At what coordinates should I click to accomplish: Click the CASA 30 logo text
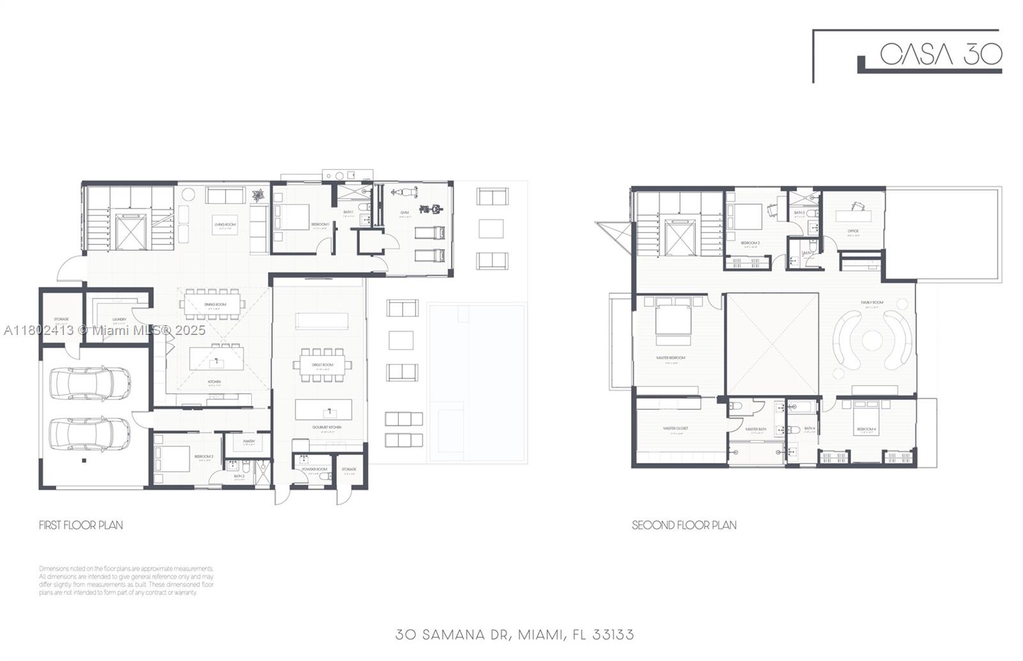click(x=941, y=54)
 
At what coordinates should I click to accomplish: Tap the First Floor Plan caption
click(x=81, y=525)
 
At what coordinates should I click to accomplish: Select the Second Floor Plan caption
click(x=683, y=525)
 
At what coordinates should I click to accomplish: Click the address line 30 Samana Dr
click(x=515, y=634)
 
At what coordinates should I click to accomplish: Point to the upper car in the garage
click(x=90, y=382)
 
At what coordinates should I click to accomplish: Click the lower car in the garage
click(x=90, y=434)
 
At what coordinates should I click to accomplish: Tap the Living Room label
click(x=225, y=224)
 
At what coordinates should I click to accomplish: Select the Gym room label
click(x=404, y=212)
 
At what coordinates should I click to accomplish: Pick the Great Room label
click(x=322, y=365)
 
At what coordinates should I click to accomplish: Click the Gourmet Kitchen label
click(x=327, y=427)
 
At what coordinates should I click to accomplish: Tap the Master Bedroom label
click(x=671, y=357)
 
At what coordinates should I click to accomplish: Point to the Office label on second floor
click(x=853, y=231)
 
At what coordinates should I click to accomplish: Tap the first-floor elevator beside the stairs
click(x=131, y=231)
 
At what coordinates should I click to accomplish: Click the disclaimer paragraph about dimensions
click(x=126, y=580)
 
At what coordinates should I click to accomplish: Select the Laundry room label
click(x=119, y=319)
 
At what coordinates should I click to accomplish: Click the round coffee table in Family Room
click(x=872, y=340)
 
